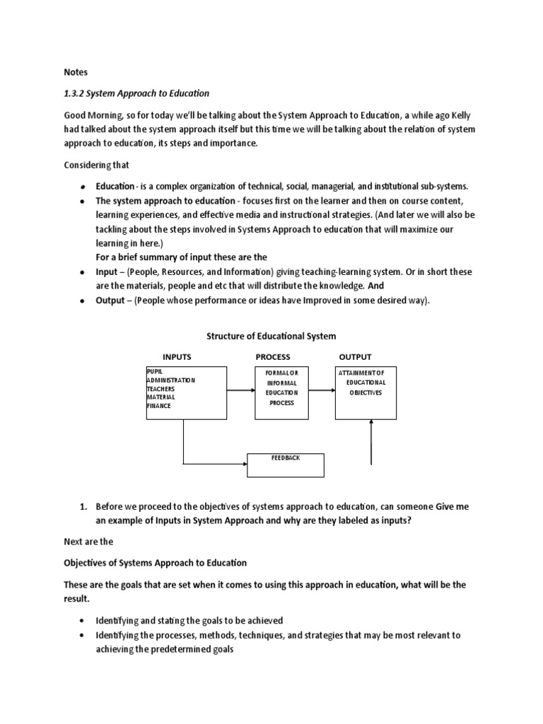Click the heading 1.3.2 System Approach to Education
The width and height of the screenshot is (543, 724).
click(x=136, y=93)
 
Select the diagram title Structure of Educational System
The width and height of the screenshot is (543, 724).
click(x=271, y=336)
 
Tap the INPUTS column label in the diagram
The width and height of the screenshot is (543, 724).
click(x=177, y=357)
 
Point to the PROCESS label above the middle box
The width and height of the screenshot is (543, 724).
click(x=273, y=357)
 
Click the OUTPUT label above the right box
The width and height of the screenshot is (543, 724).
click(x=355, y=357)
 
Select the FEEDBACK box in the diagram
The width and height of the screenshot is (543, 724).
click(x=286, y=465)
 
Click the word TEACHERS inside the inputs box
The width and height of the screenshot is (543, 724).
click(x=160, y=389)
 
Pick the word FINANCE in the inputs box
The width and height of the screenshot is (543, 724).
click(x=159, y=406)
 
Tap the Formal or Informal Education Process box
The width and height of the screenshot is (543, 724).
click(x=282, y=392)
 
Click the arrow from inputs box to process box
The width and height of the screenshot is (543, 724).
click(x=240, y=387)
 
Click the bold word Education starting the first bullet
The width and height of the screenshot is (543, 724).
click(x=115, y=186)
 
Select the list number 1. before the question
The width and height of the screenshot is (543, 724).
click(x=82, y=507)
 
